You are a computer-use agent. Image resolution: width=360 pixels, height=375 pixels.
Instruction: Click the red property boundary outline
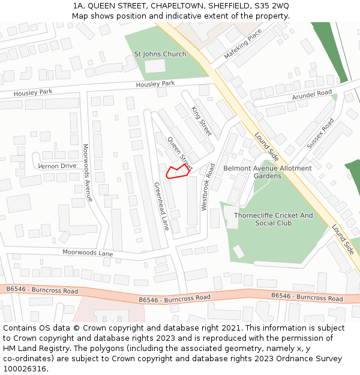tap(177, 172)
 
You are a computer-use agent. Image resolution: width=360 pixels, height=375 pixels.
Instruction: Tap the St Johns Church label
tap(160, 54)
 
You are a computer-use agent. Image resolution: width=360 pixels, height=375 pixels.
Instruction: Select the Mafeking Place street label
tap(243, 46)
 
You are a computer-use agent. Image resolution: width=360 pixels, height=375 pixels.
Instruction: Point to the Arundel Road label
tap(311, 95)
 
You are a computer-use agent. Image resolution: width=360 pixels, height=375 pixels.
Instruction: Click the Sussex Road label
tap(320, 133)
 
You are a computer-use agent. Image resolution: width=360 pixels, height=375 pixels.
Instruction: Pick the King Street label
tap(202, 121)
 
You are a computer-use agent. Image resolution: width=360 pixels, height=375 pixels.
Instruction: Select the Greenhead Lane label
tap(161, 206)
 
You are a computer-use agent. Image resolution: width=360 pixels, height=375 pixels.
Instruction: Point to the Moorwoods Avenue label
tap(88, 172)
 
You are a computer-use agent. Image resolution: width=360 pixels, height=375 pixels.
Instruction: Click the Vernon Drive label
tap(57, 166)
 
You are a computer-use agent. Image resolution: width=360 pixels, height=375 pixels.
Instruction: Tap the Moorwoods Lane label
tap(88, 253)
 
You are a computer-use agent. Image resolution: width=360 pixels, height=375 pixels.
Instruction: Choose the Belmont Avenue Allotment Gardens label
tap(267, 172)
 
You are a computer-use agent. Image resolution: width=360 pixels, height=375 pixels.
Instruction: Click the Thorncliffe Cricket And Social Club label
tap(273, 219)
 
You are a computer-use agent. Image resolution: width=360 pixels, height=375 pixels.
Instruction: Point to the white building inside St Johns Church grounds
tap(155, 67)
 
